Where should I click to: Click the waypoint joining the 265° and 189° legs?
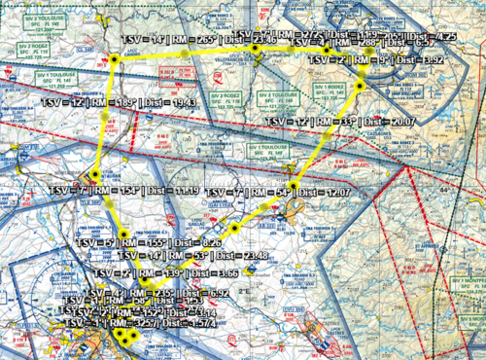115,60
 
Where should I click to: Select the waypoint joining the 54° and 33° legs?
293,184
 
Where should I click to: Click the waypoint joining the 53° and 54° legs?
234,228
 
